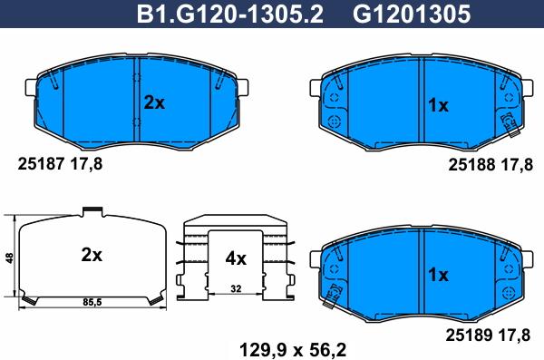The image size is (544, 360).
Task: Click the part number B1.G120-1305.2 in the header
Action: click(x=229, y=15)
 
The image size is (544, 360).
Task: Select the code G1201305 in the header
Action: click(x=412, y=15)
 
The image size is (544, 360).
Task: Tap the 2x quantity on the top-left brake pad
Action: click(x=154, y=102)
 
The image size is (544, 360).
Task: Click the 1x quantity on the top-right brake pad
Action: click(x=439, y=105)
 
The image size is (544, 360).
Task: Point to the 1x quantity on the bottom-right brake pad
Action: click(x=439, y=275)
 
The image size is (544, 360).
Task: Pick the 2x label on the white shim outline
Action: click(x=92, y=255)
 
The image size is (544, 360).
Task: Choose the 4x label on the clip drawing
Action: click(x=236, y=258)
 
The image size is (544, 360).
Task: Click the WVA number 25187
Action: click(x=41, y=163)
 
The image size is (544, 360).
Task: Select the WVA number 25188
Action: click(x=471, y=164)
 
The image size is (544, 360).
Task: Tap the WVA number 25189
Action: click(x=469, y=335)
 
